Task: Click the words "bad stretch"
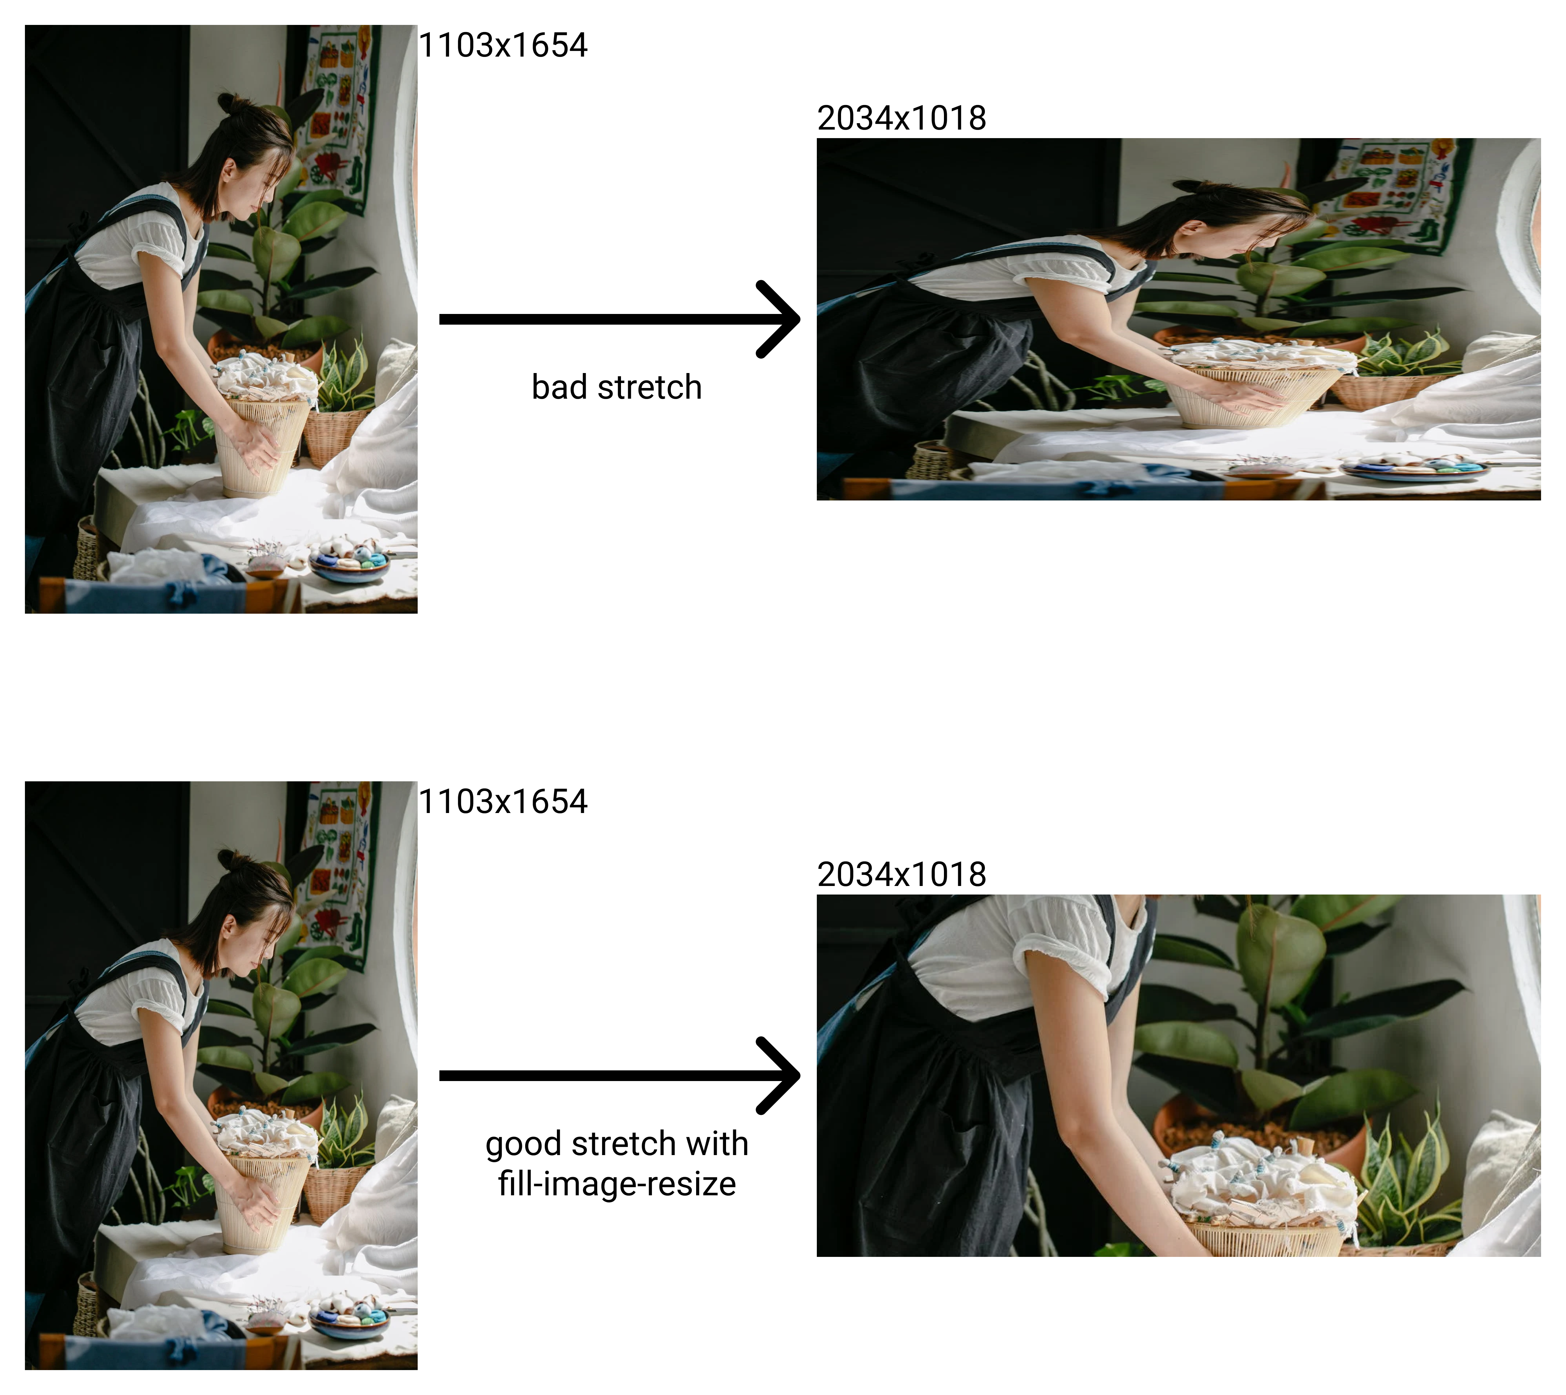616,387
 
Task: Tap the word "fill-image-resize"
616,1184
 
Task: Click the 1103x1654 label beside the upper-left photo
503,45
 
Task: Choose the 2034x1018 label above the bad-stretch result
902,118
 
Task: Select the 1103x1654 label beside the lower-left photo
503,802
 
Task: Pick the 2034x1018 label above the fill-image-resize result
902,875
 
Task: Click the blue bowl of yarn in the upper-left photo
349,565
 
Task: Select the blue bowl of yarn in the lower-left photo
349,1321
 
